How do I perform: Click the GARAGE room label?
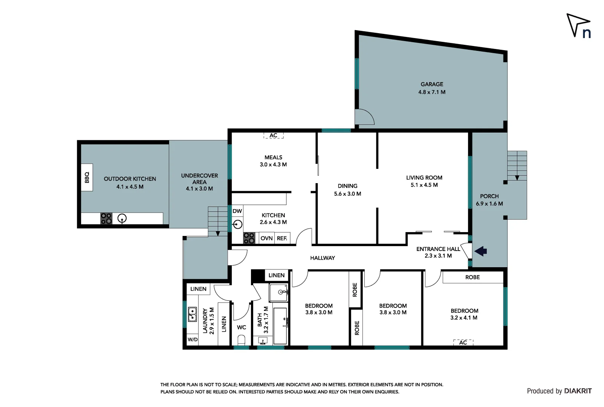coord(432,84)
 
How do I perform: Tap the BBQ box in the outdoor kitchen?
coord(87,177)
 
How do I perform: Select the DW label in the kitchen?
coord(237,211)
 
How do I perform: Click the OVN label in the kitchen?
coord(266,238)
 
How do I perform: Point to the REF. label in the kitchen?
coord(282,238)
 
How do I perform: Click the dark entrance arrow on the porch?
coord(480,251)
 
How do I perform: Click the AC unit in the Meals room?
coord(273,136)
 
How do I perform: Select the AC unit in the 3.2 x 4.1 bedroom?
coord(463,342)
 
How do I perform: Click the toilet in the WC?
coord(242,340)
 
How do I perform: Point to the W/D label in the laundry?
coord(193,340)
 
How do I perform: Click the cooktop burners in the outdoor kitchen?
coord(106,219)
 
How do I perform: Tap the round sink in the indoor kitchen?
coord(237,225)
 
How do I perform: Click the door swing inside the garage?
coord(364,116)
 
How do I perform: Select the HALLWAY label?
coord(323,258)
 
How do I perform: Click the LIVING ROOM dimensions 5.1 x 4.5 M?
coord(424,185)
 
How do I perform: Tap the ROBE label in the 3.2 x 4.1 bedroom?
coord(472,277)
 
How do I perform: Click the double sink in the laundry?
coord(192,315)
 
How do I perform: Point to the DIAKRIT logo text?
coord(578,391)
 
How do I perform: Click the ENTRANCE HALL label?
coord(438,249)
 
